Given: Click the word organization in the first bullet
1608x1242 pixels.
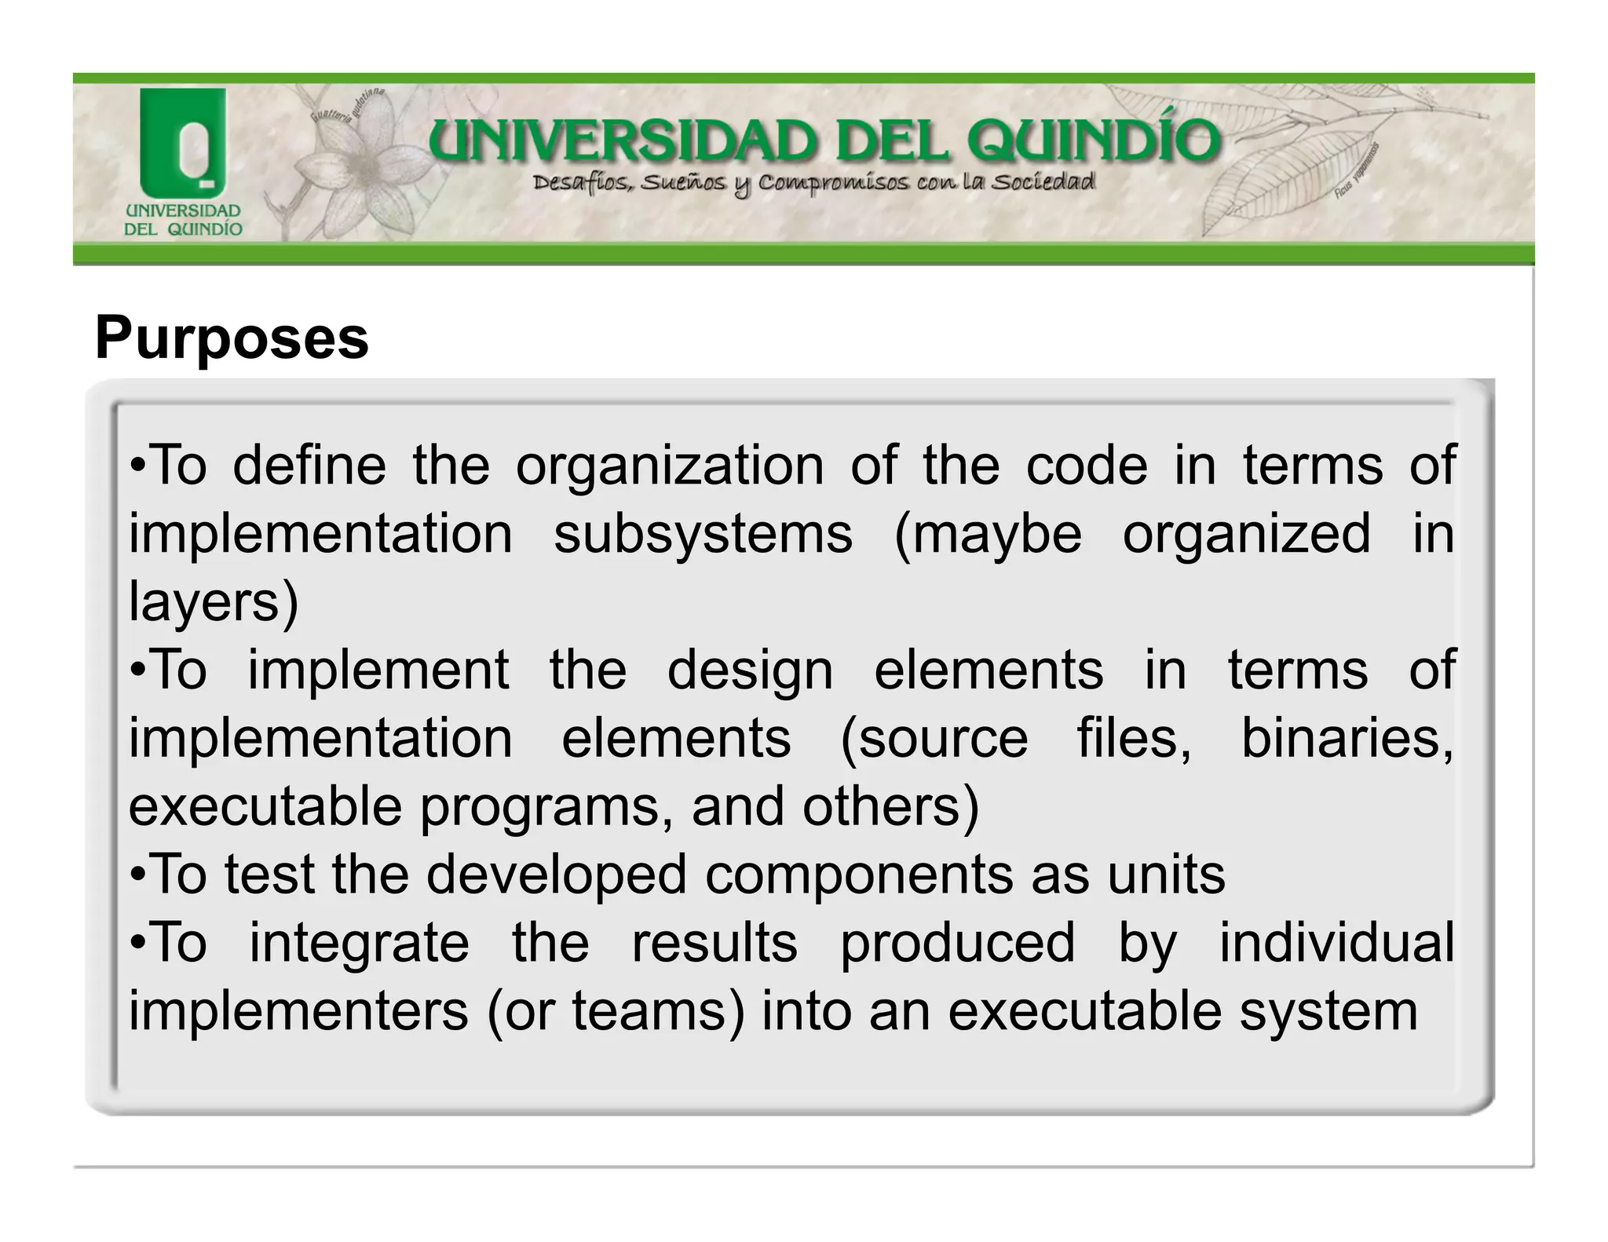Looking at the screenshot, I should click(670, 466).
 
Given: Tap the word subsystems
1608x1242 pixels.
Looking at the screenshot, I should click(703, 535).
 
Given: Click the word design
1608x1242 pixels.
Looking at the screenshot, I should click(750, 671).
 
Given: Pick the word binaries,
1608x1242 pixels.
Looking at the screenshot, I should click(1347, 740).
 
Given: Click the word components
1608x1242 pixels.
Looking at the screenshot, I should click(858, 875).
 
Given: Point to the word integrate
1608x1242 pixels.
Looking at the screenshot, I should click(359, 943).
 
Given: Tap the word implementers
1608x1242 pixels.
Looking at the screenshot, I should click(298, 1011).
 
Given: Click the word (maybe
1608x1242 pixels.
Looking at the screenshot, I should click(988, 535).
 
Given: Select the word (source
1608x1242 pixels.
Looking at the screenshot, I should click(934, 740).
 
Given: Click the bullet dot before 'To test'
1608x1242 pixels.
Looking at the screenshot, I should click(137, 875).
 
